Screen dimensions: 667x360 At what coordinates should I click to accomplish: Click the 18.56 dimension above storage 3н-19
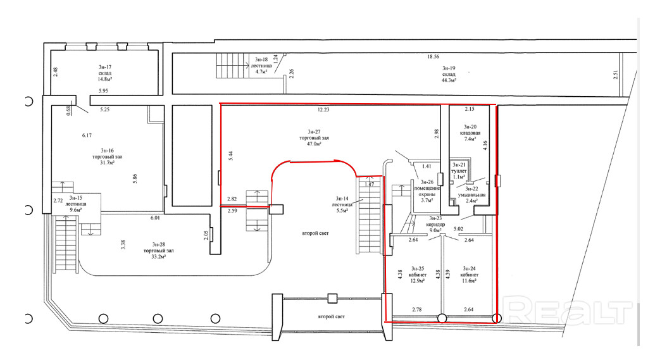(433, 57)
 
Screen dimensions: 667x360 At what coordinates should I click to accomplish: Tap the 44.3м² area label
(449, 80)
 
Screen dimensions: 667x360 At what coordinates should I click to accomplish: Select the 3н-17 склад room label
(104, 71)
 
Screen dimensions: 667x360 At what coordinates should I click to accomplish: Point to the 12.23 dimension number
(324, 109)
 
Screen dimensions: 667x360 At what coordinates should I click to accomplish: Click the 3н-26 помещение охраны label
(427, 190)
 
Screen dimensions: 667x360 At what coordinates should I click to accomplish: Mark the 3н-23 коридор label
(436, 224)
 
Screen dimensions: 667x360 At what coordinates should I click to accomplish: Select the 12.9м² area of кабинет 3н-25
(417, 283)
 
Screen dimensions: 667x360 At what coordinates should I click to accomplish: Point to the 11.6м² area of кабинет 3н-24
(469, 283)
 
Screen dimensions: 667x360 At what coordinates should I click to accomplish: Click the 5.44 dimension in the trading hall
(230, 156)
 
